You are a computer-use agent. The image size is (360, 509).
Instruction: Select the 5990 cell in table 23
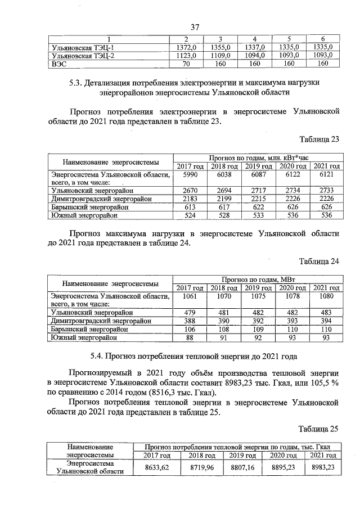coord(190,175)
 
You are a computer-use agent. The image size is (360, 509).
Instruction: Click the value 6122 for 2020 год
coord(292,175)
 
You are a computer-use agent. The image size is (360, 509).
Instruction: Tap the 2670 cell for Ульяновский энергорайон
coord(190,191)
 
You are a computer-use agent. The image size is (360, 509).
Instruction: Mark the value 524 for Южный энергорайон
coord(190,215)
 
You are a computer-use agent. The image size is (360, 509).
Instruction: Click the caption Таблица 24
coord(319,262)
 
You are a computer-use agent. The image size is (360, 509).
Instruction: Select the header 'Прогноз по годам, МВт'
coord(258,279)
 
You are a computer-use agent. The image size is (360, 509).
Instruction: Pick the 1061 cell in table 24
coord(190,296)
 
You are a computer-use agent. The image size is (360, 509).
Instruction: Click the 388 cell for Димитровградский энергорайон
coord(190,321)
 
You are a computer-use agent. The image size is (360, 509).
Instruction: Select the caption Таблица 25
coord(319,429)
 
